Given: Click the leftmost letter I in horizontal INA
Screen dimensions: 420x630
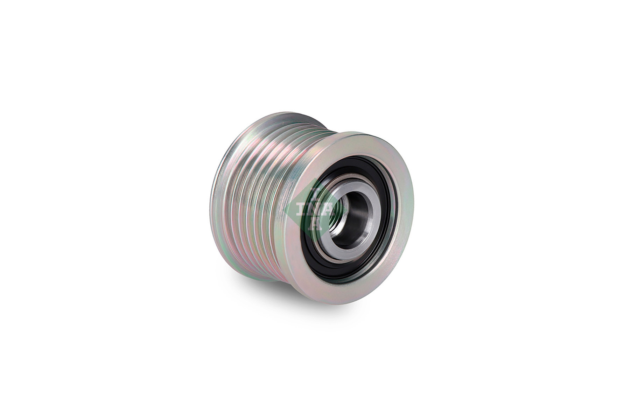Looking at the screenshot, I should tap(300, 210).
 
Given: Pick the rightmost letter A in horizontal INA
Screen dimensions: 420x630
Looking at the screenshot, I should tap(329, 210).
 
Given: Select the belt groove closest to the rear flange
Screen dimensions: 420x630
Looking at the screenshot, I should tap(231, 196).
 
